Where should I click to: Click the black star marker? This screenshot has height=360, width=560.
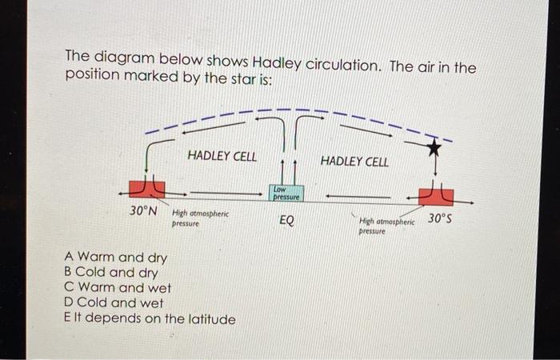433,147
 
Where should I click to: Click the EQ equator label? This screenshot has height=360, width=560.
286,220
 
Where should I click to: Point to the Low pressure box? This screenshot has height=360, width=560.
286,192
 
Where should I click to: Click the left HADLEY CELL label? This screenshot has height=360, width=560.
222,157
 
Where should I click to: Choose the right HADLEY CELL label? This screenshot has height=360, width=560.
354,162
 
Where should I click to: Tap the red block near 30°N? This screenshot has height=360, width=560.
147,189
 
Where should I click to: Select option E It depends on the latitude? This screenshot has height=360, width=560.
150,318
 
